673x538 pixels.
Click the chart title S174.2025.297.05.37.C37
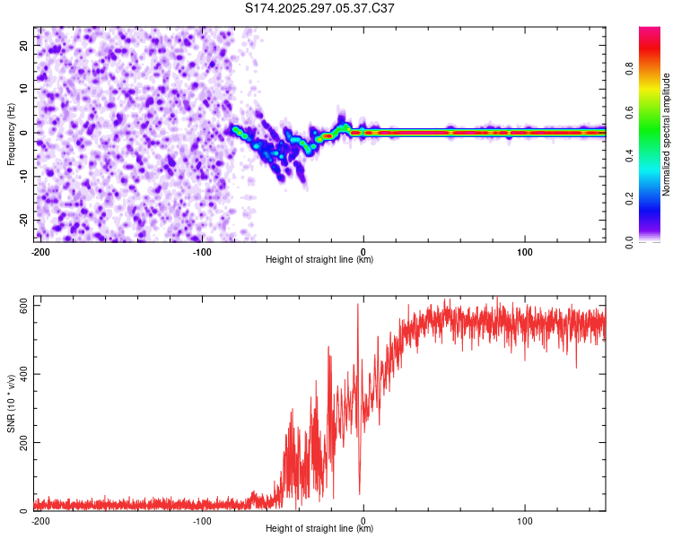pos(319,8)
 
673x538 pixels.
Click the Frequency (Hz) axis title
pos(11,134)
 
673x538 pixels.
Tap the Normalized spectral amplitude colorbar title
pos(666,134)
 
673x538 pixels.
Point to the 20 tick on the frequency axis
pos(24,45)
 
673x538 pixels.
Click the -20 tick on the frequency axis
pos(22,220)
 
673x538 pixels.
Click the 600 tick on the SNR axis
pos(21,306)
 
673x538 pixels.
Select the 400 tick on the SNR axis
pos(21,374)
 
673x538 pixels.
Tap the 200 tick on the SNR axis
pos(21,443)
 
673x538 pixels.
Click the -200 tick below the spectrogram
pos(39,250)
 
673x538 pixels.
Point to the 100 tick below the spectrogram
pos(525,250)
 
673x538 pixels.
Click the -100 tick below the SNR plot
pos(201,520)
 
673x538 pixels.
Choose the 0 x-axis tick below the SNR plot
pos(363,520)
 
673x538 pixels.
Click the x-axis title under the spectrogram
pos(319,260)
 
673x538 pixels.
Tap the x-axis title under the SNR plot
pos(319,529)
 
